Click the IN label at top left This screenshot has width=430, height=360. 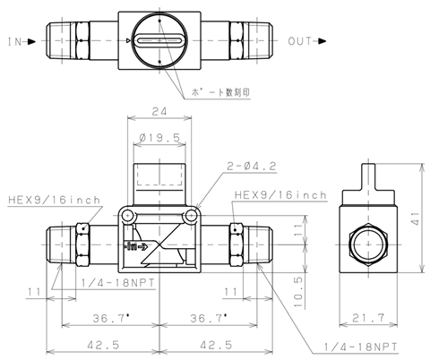(x=14, y=41)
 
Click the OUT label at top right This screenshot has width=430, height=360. (x=300, y=41)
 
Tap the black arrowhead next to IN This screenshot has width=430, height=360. (x=31, y=41)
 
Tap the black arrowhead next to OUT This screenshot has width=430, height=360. (x=322, y=41)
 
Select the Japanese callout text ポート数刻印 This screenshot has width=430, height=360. (x=220, y=92)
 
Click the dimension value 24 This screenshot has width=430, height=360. (x=159, y=111)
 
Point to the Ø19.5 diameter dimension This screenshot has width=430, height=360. (x=159, y=138)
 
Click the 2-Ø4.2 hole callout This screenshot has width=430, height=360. (x=252, y=166)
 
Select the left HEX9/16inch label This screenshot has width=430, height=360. (x=54, y=200)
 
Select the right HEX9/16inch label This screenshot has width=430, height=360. (x=280, y=195)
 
